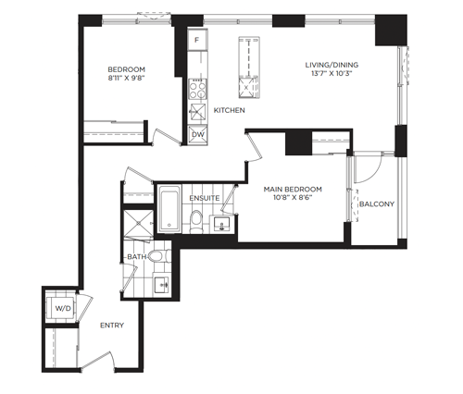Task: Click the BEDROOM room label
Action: point(126,69)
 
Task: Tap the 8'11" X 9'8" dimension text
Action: point(126,78)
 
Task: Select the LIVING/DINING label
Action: point(332,65)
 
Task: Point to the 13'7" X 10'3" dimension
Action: point(332,74)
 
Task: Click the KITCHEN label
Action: point(230,110)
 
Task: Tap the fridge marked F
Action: point(197,40)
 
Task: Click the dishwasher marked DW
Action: point(197,135)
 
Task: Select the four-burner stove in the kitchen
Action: point(197,89)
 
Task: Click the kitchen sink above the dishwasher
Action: point(198,112)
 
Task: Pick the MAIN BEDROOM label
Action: point(293,189)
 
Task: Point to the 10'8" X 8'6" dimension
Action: point(293,198)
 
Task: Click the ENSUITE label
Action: point(205,198)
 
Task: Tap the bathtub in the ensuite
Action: point(169,209)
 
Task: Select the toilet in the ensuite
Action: point(196,221)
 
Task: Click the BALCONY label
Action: point(377,204)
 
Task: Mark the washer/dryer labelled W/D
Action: point(63,308)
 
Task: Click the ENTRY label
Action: point(112,326)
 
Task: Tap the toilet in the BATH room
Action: point(159,256)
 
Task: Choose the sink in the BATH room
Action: point(161,285)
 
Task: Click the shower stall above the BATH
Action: point(138,224)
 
